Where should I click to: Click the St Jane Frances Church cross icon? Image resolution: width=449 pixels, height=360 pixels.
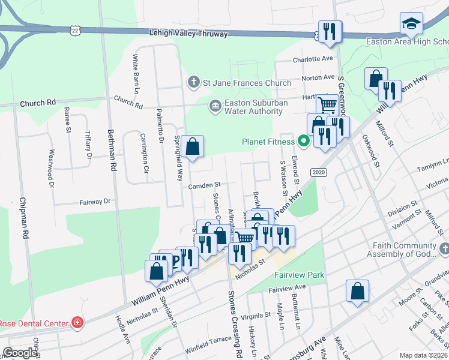[193, 81]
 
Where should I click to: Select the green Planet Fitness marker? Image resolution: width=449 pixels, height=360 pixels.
[304, 142]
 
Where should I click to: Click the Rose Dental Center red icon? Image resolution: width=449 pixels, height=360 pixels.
[77, 323]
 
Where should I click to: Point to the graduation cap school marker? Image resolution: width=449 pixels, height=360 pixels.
[411, 25]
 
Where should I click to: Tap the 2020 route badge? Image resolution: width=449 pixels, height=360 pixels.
[318, 172]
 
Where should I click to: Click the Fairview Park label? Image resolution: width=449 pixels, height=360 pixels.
[299, 275]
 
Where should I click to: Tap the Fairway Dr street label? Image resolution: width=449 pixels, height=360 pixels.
[95, 202]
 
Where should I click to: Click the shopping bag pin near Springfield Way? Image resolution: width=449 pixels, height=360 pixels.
[193, 147]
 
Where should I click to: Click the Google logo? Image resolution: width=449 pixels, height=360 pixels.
[20, 353]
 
